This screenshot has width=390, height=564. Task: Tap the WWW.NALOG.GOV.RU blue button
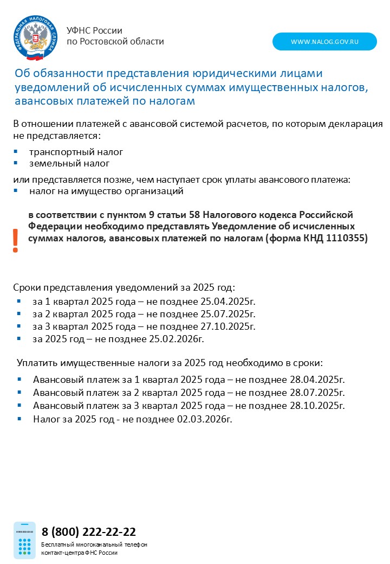(324, 42)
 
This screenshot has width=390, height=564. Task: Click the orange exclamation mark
(16, 240)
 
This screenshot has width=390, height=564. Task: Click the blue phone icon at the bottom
(24, 540)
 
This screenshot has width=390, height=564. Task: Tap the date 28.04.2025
(316, 380)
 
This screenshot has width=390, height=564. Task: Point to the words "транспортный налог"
(76, 152)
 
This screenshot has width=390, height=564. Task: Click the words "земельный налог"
(69, 163)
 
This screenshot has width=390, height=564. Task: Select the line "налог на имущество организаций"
(107, 191)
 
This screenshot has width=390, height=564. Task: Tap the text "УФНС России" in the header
(94, 31)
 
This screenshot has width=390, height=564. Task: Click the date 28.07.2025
(316, 393)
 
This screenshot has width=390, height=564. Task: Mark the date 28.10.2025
(316, 406)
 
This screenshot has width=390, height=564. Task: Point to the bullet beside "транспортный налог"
(16, 152)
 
